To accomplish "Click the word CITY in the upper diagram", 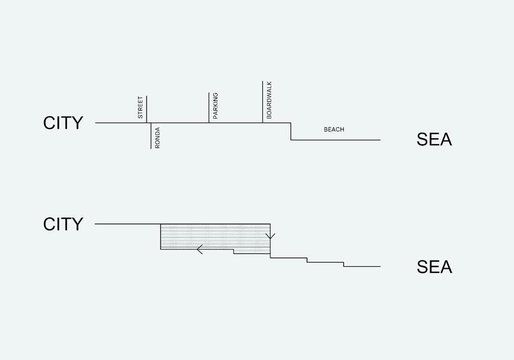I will (63, 123).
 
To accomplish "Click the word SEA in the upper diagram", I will (433, 140).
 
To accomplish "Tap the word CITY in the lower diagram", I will (63, 224).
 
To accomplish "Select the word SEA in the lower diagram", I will (434, 267).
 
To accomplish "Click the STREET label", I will (140, 108).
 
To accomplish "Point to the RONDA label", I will (158, 137).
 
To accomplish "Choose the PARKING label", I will (215, 106).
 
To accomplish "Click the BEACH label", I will (334, 130).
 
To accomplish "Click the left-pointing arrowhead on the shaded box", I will (200, 249).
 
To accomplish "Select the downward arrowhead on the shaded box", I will (270, 236).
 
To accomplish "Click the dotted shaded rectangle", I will (215, 236).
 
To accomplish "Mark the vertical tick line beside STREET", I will (147, 109).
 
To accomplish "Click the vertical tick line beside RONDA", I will (151, 136).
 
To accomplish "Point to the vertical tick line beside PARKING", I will (209, 107).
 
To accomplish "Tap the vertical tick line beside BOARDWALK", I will (262, 102).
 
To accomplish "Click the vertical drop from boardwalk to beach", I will (291, 131).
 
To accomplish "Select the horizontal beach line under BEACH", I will (336, 140).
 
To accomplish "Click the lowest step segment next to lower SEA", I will (362, 267).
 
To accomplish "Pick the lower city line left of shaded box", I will (128, 224).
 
